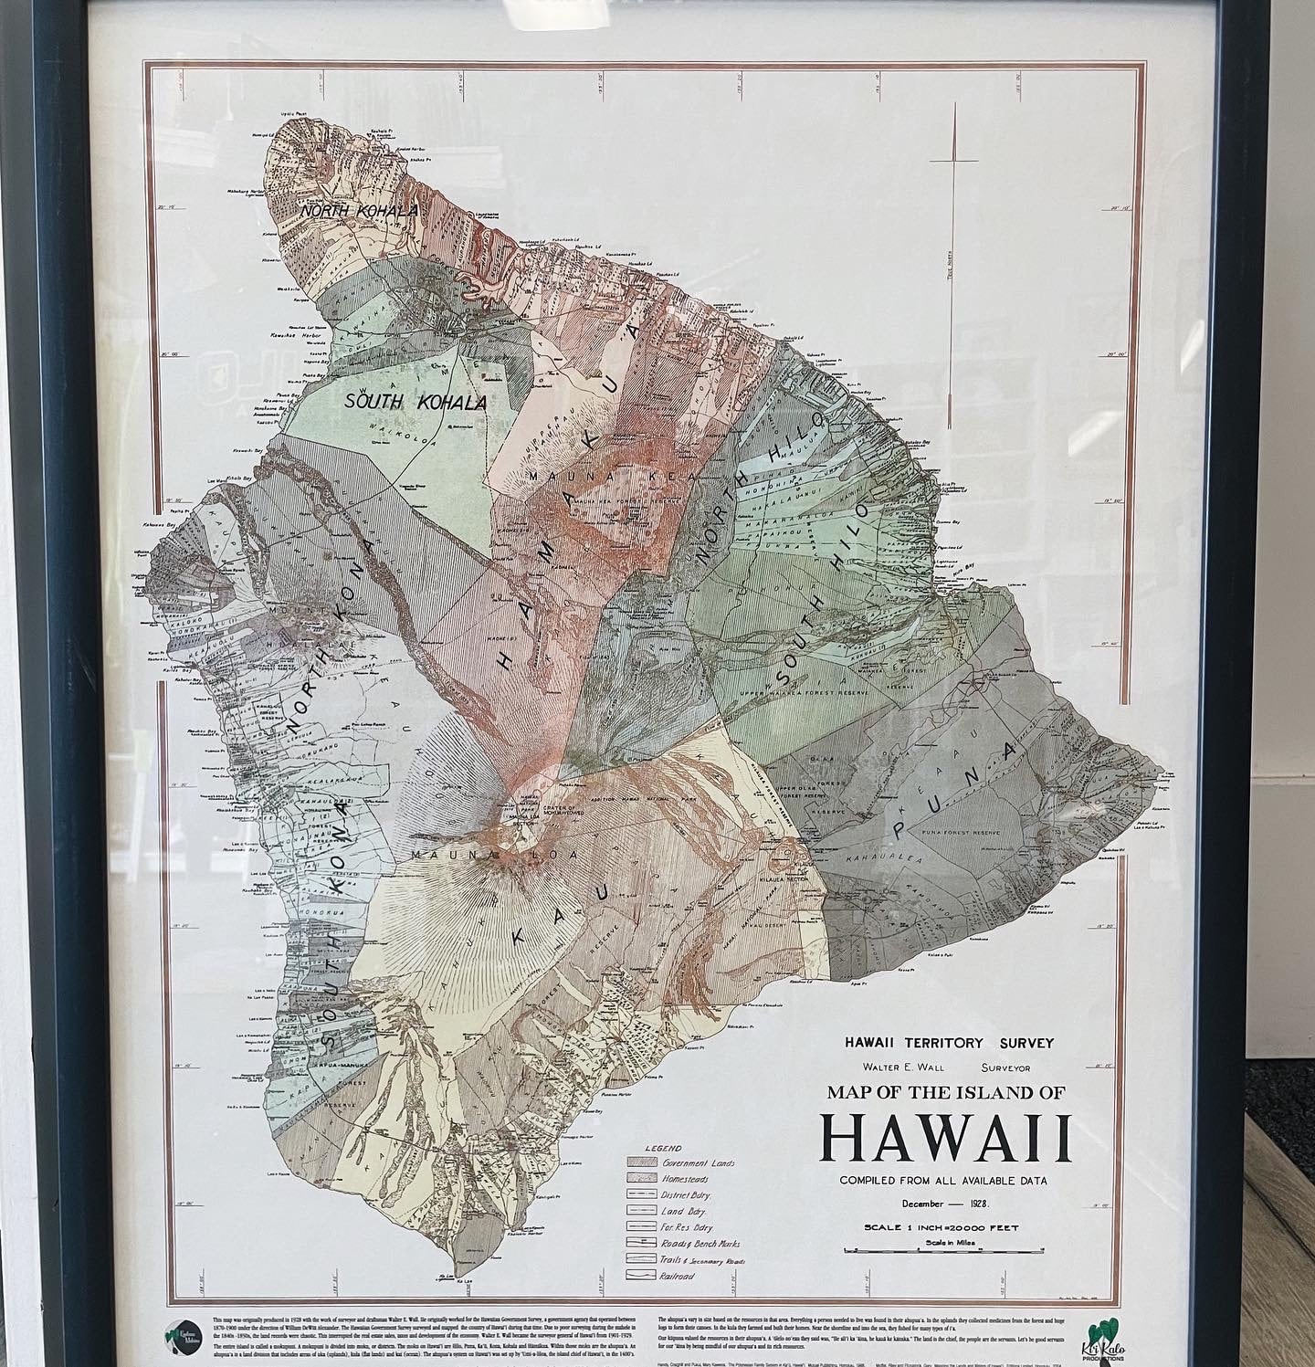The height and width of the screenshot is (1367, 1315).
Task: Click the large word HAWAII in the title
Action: [945, 1137]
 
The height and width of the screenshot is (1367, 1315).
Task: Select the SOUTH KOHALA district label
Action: [416, 401]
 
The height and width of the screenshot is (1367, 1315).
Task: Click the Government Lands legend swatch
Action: [643, 1163]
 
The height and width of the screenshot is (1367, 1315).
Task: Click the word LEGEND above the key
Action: [663, 1148]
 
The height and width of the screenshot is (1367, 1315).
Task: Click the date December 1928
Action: [944, 1204]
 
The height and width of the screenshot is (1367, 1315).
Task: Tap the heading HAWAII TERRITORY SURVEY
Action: [949, 1043]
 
